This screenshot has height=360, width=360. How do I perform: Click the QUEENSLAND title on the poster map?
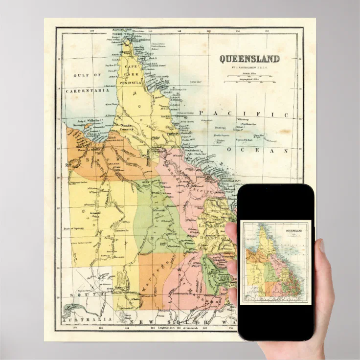pos(249,59)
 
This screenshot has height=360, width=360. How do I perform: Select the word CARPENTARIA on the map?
pos(89,90)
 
